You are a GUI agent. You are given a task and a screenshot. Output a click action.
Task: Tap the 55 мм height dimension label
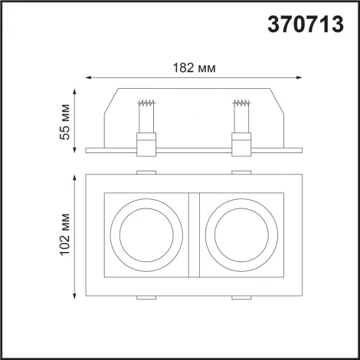tap(67, 121)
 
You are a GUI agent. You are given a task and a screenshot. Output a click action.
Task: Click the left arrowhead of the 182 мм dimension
tap(87, 77)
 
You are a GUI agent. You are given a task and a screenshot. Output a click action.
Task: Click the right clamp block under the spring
tap(241, 142)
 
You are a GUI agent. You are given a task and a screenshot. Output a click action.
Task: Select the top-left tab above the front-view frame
tap(147, 171)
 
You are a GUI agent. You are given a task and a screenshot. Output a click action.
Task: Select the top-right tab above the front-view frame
tap(241, 171)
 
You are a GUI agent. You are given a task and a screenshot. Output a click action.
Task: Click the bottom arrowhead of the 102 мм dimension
tap(74, 298)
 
